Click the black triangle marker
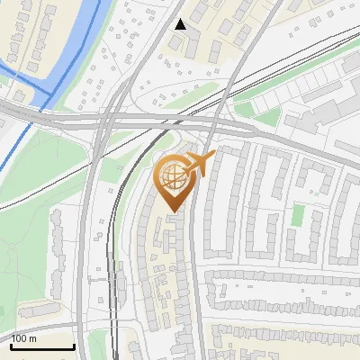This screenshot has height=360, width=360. click(x=181, y=24)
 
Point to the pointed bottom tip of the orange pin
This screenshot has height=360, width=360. click(x=173, y=212)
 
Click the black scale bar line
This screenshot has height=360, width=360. click(x=42, y=346)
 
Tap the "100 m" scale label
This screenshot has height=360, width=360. click(x=24, y=338)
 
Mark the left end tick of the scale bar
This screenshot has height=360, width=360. click(x=11, y=345)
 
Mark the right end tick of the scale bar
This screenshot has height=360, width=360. click(x=74, y=345)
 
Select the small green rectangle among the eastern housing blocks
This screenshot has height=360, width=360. click(x=297, y=214)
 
